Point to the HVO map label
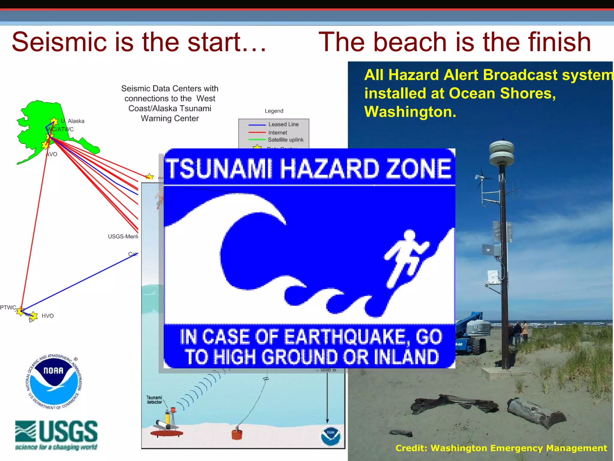[x=47, y=316]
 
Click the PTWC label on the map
[x=8, y=307]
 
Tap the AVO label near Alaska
[x=52, y=154]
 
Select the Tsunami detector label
[x=154, y=400]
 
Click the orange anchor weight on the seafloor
[x=237, y=434]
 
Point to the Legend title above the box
[x=274, y=111]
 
